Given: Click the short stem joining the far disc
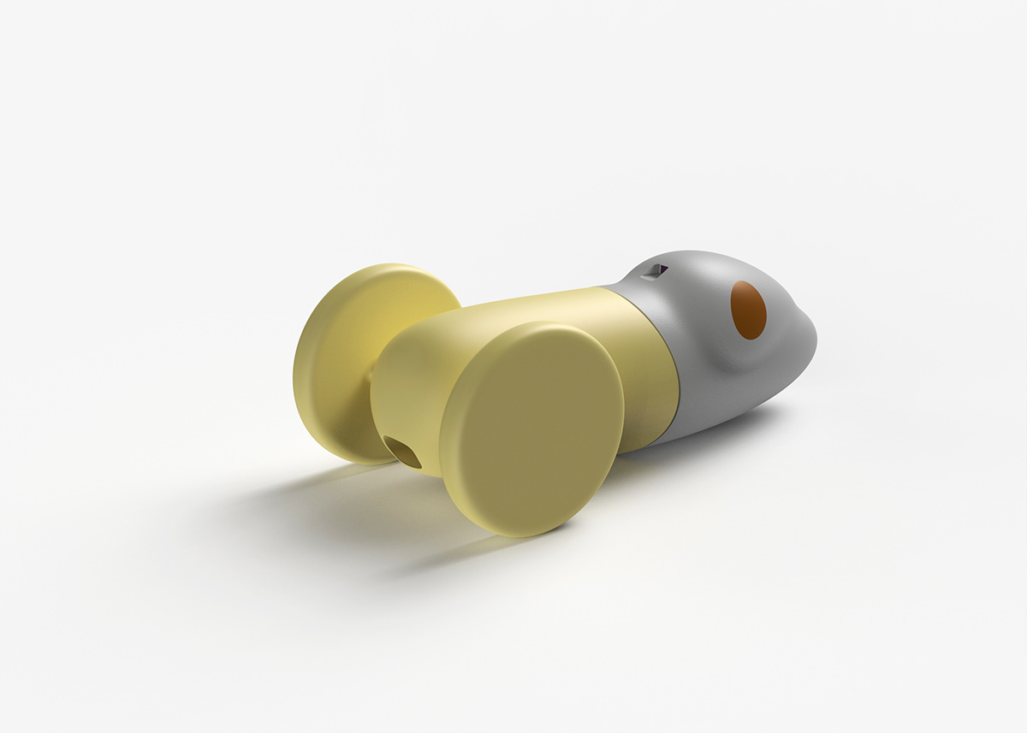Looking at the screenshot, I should pyautogui.click(x=370, y=376).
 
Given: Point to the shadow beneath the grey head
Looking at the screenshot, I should pyautogui.click(x=736, y=428).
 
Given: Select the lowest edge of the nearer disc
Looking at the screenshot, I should pyautogui.click(x=513, y=535).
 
